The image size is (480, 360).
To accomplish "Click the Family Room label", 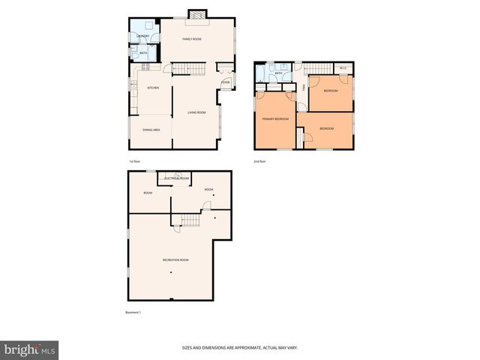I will click(192, 39).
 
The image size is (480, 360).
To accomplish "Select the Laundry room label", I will click(142, 36).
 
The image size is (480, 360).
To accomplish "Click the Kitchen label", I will click(153, 88).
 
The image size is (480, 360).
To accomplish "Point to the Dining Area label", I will click(151, 130).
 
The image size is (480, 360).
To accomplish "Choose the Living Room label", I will click(196, 112).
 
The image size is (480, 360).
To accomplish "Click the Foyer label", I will click(225, 82).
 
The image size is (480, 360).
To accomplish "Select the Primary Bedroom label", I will click(274, 119).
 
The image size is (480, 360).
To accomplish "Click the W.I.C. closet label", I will click(342, 70).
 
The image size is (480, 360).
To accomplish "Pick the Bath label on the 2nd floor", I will click(278, 73).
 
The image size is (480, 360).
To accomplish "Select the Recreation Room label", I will click(175, 259).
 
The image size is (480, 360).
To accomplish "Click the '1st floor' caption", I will click(134, 161).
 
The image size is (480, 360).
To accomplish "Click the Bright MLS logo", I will click(30, 349).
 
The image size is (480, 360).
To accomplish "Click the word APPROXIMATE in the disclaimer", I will click(238, 348).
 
